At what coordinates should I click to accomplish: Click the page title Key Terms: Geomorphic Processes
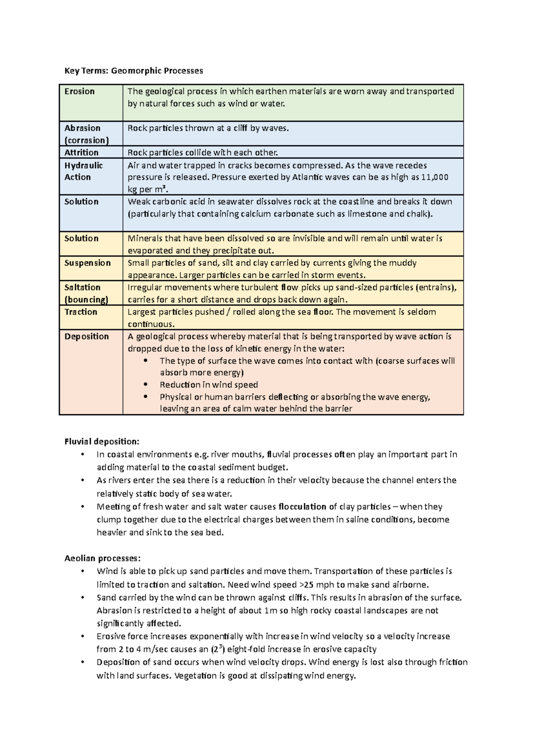(x=134, y=71)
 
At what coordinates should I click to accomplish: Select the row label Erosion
(x=80, y=91)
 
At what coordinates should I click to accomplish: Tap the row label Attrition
(x=81, y=152)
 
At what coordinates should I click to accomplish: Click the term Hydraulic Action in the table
(x=84, y=171)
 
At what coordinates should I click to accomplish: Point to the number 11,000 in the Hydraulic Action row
(x=434, y=177)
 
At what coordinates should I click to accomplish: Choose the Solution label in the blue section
(x=81, y=202)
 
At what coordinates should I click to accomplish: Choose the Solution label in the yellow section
(x=81, y=238)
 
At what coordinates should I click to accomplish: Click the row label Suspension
(x=88, y=263)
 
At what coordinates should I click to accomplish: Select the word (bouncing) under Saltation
(x=86, y=299)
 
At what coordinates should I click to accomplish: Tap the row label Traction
(x=80, y=312)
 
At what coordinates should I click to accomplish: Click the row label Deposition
(x=87, y=336)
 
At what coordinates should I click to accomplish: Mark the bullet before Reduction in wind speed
(x=145, y=385)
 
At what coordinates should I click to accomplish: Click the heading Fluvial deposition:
(x=102, y=441)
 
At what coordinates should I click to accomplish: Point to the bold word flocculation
(x=302, y=507)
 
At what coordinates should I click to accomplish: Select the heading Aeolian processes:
(x=102, y=558)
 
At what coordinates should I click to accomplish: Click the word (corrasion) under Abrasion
(x=87, y=140)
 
